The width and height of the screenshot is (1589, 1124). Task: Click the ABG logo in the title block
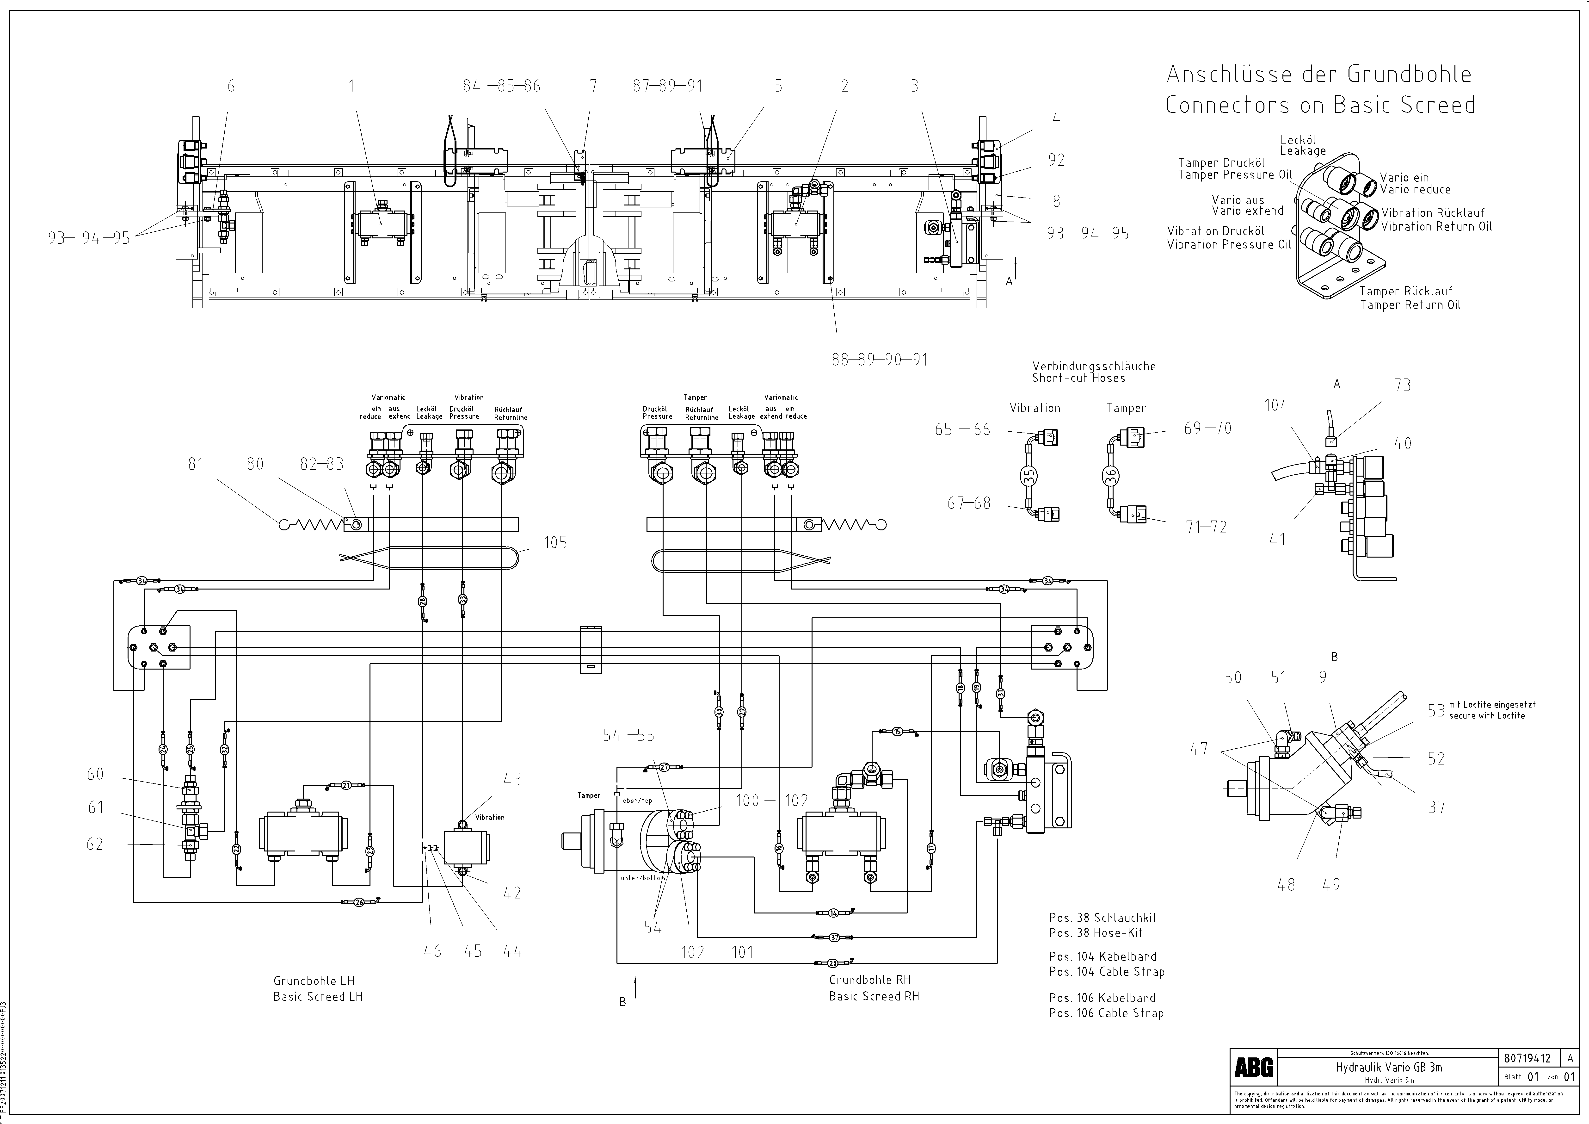coord(1253,1068)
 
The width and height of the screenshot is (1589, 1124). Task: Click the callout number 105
coord(555,542)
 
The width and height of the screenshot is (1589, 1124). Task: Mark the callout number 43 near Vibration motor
coord(512,779)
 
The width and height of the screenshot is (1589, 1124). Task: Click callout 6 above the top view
coord(231,86)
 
